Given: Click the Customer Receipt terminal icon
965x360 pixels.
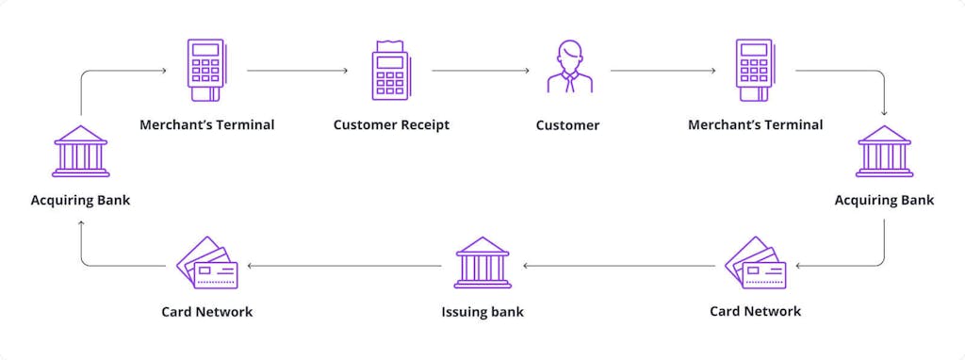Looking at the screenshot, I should click(390, 70).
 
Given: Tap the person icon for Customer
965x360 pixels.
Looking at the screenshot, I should click(570, 67).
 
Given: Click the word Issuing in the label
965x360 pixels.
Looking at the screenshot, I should click(464, 312).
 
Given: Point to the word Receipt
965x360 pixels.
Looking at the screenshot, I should click(425, 124).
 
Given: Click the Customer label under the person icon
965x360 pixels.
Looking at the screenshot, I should click(567, 124).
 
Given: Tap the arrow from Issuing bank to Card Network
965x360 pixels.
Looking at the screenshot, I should click(344, 266).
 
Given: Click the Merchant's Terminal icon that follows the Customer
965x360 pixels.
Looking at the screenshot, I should click(754, 70).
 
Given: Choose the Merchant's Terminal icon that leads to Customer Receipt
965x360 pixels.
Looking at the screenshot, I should click(205, 70).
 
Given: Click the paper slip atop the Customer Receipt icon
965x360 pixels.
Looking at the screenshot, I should click(390, 46).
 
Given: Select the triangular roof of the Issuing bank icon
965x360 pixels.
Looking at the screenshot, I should click(482, 244).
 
